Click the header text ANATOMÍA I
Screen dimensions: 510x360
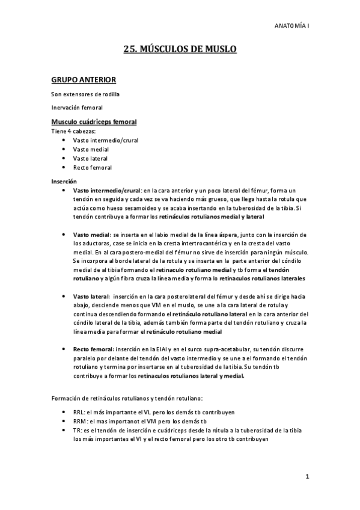(291, 26)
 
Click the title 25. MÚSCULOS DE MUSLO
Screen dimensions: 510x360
(180, 50)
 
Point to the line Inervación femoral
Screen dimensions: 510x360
(77, 108)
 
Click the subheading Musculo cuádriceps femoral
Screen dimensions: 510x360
(94, 122)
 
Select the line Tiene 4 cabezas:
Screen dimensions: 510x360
(74, 131)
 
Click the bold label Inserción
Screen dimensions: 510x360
(64, 181)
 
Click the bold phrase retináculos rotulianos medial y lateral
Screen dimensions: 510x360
(213, 216)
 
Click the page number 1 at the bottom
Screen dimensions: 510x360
(307, 478)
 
